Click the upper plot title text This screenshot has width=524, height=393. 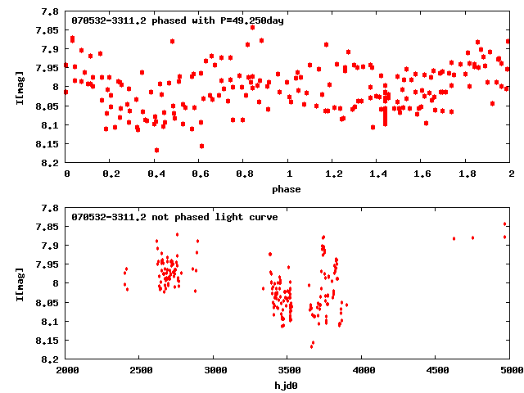pyautogui.click(x=178, y=20)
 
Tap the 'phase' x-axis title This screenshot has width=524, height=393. pyautogui.click(x=287, y=189)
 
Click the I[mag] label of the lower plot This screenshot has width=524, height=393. pyautogui.click(x=21, y=282)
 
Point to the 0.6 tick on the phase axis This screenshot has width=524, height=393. pyautogui.click(x=199, y=174)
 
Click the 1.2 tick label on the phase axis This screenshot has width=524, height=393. pyautogui.click(x=332, y=174)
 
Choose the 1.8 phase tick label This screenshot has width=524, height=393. pyautogui.click(x=466, y=174)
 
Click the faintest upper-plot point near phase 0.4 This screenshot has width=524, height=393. pyautogui.click(x=156, y=150)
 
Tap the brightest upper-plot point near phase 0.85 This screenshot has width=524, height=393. pyautogui.click(x=252, y=27)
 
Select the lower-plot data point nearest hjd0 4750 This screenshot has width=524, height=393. pyautogui.click(x=472, y=237)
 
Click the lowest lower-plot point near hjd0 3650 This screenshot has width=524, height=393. pyautogui.click(x=311, y=346)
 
